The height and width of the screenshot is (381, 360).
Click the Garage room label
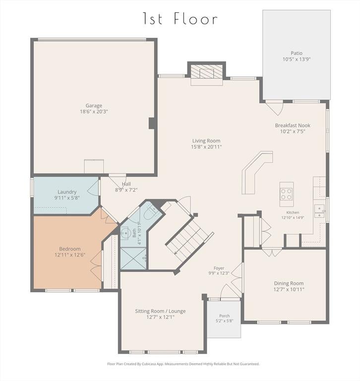94,106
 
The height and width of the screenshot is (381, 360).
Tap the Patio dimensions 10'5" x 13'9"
297,60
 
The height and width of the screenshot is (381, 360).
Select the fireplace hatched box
207,71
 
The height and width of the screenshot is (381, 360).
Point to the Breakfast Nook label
293,126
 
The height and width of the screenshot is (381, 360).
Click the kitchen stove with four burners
287,194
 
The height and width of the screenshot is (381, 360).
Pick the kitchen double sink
319,211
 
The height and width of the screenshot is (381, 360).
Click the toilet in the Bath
150,212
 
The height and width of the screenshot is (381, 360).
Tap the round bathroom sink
125,233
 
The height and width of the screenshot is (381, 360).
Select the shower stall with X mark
133,258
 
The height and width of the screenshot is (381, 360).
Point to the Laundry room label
67,192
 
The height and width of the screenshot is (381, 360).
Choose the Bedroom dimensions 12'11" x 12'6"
70,255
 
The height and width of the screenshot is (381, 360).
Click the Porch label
225,316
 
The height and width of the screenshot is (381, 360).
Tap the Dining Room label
289,283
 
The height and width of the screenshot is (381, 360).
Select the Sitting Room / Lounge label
160,311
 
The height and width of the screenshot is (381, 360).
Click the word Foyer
219,268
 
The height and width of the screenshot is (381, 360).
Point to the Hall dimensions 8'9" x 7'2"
126,190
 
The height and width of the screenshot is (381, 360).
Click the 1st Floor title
180,18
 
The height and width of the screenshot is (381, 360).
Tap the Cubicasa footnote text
183,364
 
